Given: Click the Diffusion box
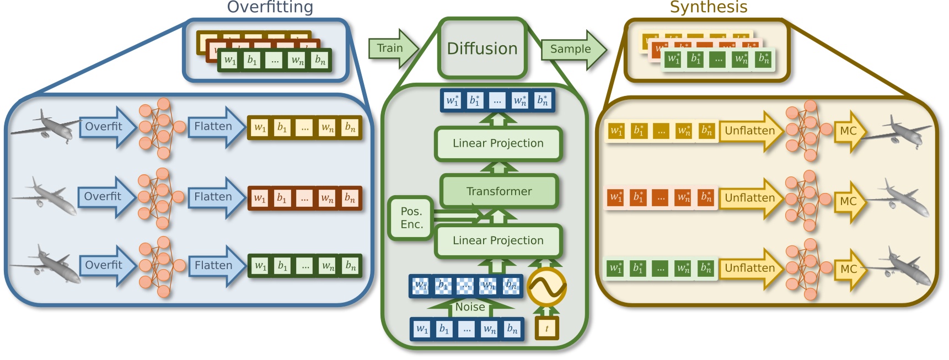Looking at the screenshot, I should click(482, 49).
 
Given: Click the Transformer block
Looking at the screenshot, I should click(499, 191).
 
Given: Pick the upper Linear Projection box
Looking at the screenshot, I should click(498, 143).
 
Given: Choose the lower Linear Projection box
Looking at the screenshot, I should click(498, 240).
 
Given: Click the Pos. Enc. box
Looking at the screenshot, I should click(411, 218).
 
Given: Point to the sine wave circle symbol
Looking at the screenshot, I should click(546, 287).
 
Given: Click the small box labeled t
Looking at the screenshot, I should click(546, 329).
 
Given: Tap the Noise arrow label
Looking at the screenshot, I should click(470, 307).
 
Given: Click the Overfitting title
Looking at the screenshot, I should click(270, 7).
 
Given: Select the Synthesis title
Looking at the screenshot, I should click(708, 7).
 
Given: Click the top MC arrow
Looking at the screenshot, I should click(849, 131).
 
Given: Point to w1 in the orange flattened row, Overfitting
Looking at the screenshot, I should click(259, 198).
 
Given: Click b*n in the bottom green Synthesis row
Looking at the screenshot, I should click(706, 268).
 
